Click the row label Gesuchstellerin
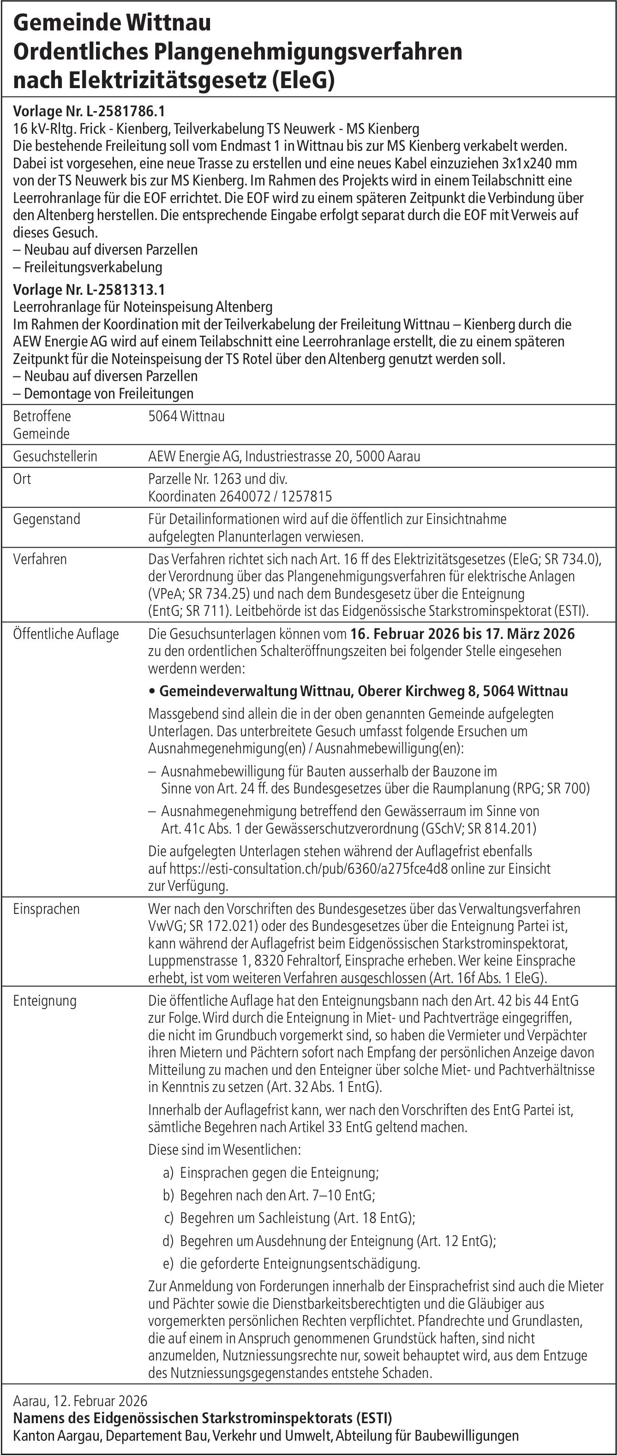55,456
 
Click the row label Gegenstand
46,519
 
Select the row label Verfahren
40,559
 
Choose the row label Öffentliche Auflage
66,634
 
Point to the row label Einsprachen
46,909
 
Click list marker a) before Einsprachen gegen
168,1173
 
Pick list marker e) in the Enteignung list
168,1264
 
